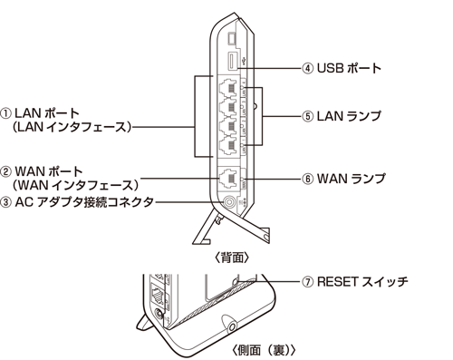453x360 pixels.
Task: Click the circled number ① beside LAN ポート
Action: point(8,112)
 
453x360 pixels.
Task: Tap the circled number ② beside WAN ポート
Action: point(8,170)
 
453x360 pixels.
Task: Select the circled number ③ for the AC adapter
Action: point(8,201)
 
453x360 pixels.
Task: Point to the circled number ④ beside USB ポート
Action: point(307,67)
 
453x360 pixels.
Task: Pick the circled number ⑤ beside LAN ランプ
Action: point(307,116)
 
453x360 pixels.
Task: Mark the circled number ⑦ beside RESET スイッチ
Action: point(307,283)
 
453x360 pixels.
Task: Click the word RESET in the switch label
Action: point(337,283)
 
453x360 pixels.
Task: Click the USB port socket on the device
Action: point(231,61)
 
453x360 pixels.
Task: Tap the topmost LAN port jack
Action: point(227,88)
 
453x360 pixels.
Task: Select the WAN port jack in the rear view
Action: point(227,176)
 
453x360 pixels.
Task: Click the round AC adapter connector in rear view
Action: point(238,204)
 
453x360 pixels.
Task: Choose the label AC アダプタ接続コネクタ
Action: point(86,201)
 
